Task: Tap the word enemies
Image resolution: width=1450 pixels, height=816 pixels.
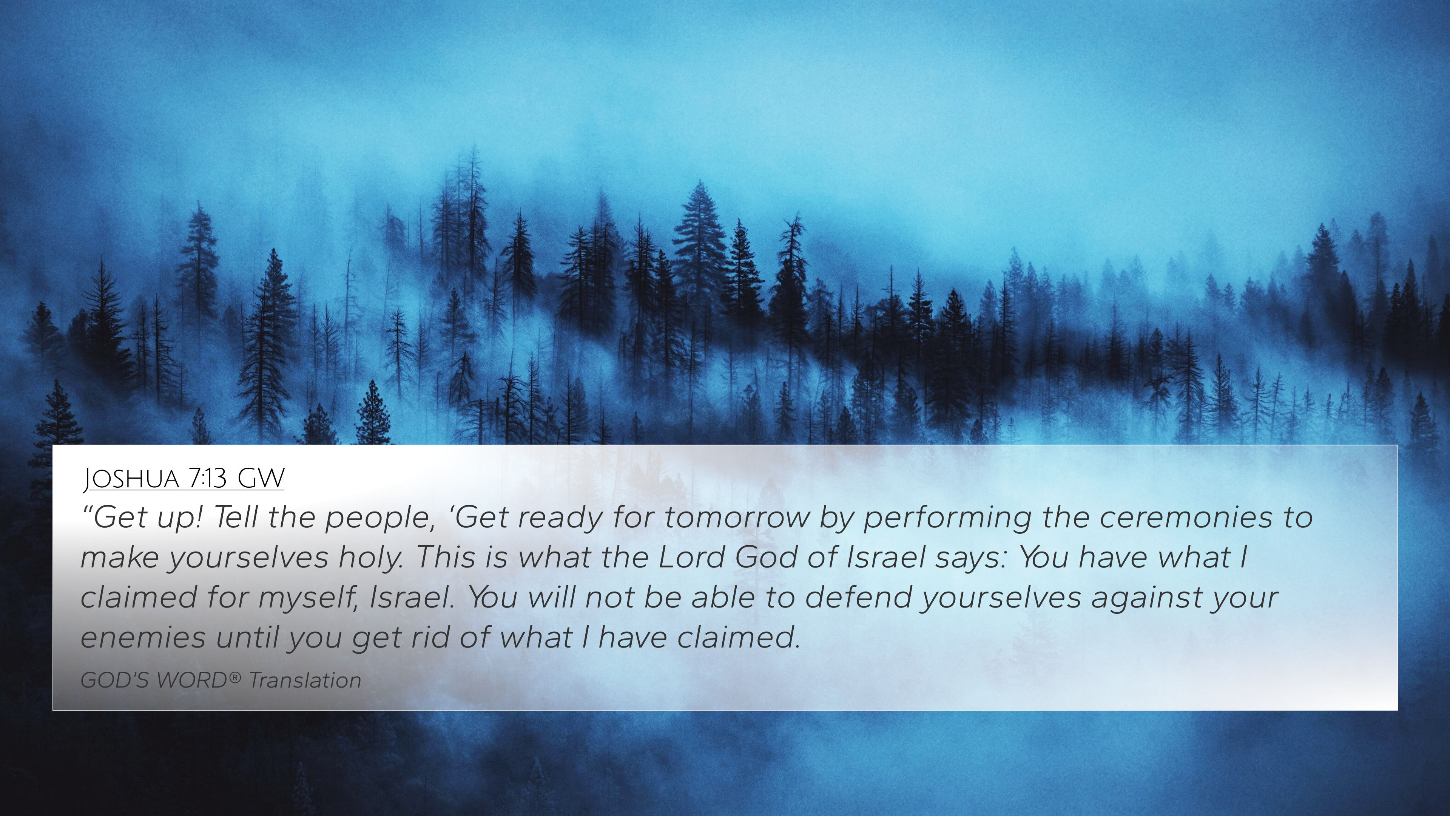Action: coord(143,637)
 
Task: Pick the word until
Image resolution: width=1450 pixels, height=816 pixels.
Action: coord(248,637)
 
